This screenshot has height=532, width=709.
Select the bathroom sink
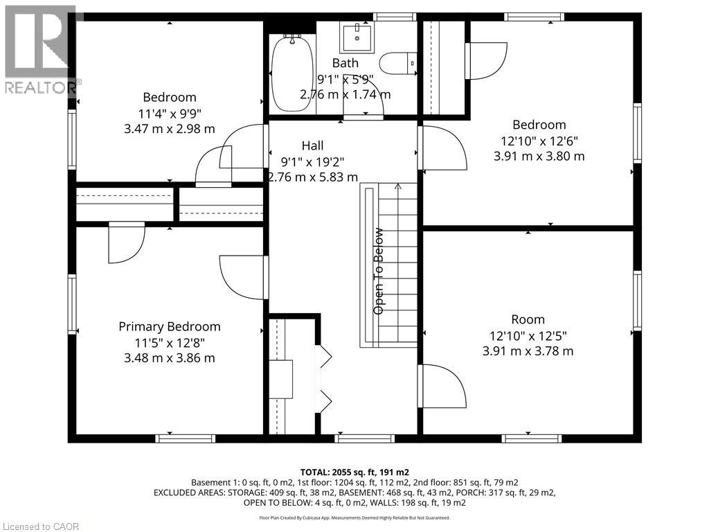tap(356, 35)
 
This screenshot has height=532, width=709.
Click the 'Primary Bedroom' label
tap(170, 326)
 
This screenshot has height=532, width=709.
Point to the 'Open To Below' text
tap(379, 272)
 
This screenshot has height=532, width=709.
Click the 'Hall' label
tap(312, 145)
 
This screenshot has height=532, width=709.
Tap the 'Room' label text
tap(528, 319)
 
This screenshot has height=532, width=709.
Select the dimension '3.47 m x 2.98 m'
tap(170, 129)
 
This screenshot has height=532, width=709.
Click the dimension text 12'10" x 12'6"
tap(539, 141)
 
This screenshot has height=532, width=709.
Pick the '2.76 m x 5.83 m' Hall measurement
tap(312, 177)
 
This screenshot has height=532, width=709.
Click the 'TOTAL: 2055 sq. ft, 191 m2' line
tap(354, 472)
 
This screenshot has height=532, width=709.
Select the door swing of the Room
tap(443, 385)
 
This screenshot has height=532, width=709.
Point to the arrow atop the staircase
tap(397, 186)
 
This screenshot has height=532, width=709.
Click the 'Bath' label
tap(345, 63)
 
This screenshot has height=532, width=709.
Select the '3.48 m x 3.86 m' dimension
tap(170, 358)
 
